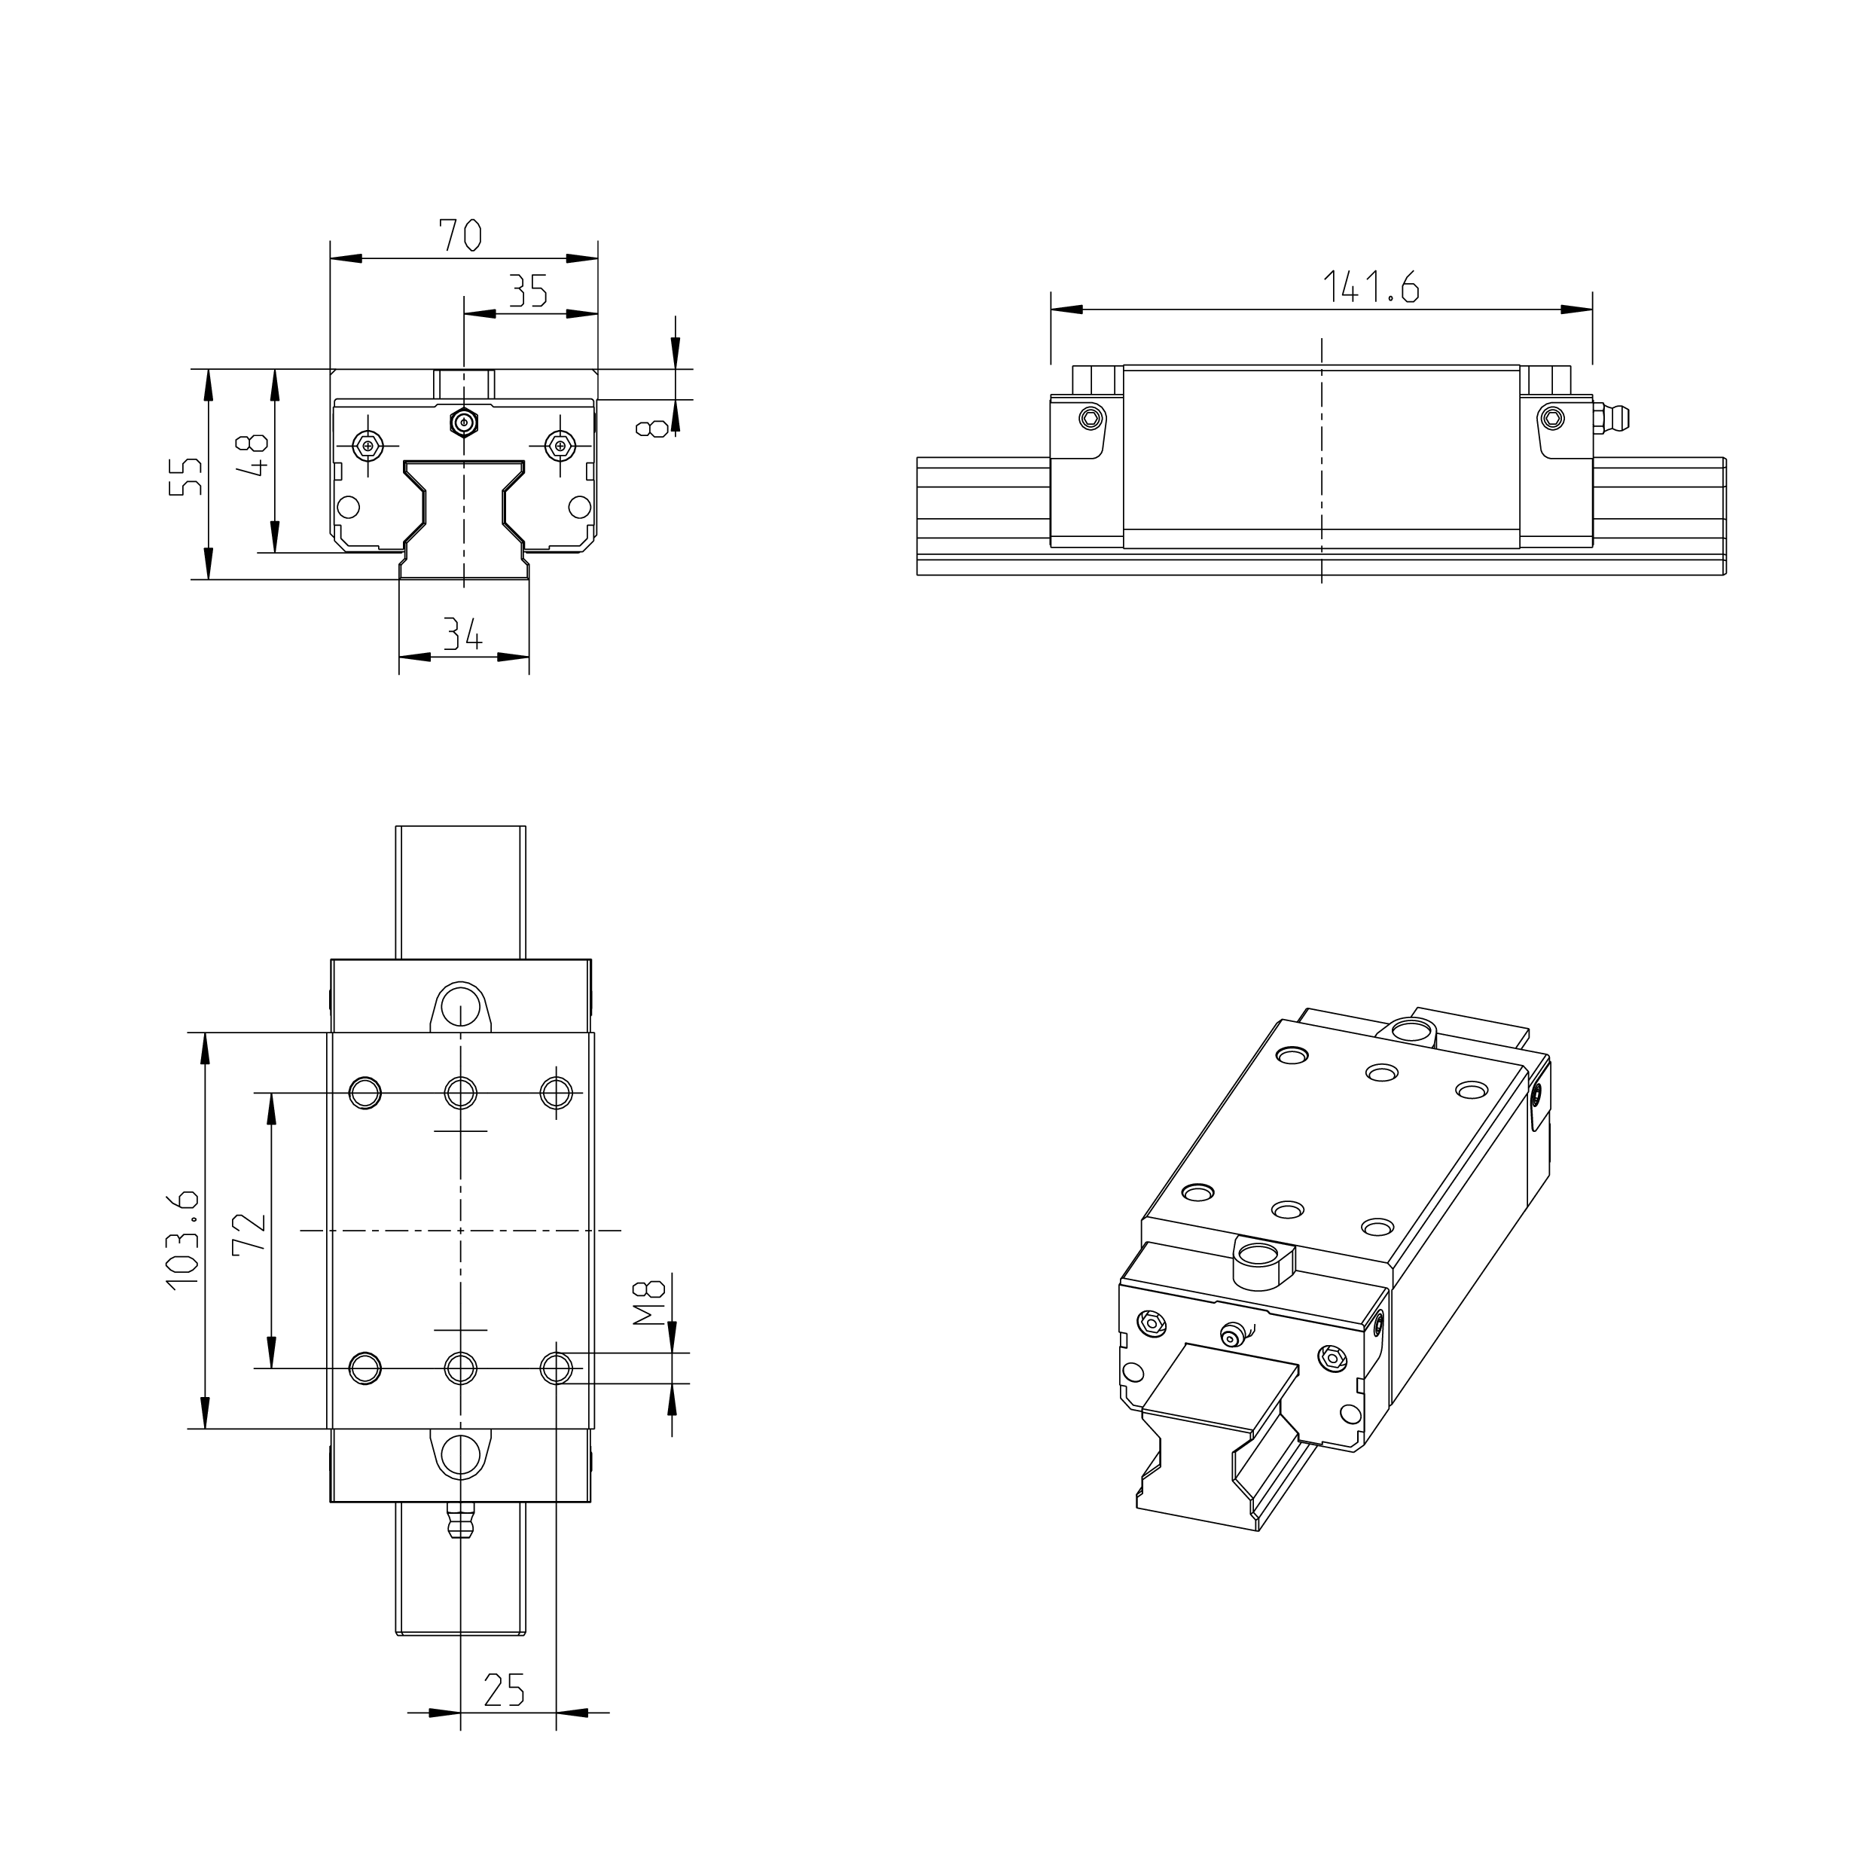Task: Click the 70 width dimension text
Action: point(461,235)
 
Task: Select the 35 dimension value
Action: point(528,290)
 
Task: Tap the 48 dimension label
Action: point(253,456)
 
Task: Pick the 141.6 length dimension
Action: point(1369,287)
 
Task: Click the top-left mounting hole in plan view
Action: point(365,1093)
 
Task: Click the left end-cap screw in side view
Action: point(1092,417)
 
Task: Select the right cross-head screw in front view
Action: point(560,444)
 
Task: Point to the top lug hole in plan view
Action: point(461,1005)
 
